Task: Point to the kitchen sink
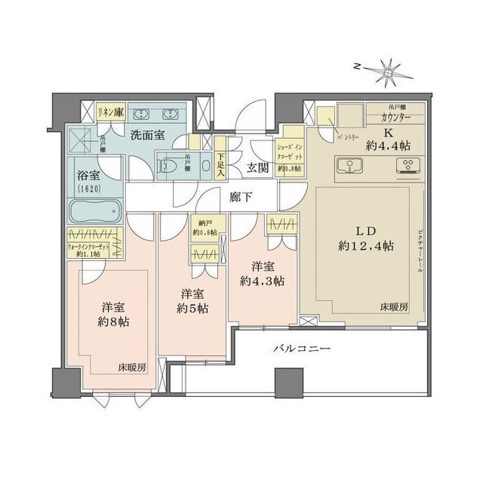click(350, 166)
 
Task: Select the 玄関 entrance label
click(257, 168)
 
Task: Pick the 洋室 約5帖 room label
click(193, 301)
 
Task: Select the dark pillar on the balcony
click(288, 383)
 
